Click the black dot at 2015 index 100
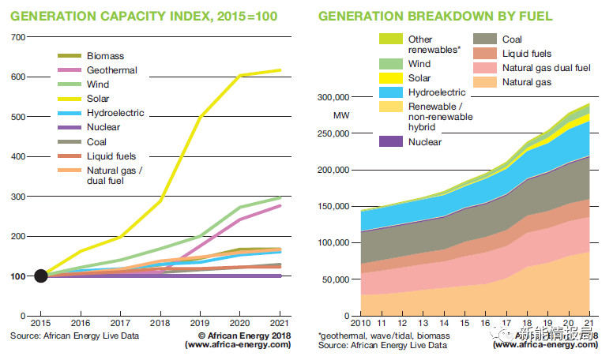[x=40, y=276]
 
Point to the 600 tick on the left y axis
[x=18, y=77]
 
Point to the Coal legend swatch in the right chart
[x=483, y=39]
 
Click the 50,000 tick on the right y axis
[x=331, y=279]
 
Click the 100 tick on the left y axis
[x=18, y=276]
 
